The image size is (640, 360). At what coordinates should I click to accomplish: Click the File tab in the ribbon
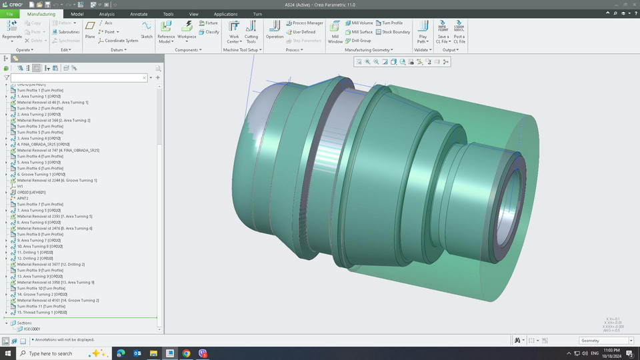click(9, 13)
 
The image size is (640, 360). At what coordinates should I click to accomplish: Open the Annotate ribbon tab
click(139, 13)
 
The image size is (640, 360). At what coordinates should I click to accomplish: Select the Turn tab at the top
click(257, 13)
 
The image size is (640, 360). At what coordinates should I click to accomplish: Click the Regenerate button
click(12, 29)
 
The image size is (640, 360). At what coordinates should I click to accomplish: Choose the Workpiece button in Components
click(187, 29)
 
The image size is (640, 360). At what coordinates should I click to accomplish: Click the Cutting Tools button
click(251, 30)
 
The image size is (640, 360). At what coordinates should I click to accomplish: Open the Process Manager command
click(307, 23)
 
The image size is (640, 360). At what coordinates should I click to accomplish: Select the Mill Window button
click(335, 30)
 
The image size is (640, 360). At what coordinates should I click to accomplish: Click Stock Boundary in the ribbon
click(396, 31)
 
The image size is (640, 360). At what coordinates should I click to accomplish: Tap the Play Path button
click(423, 30)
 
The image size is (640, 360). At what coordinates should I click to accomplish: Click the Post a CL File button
click(459, 30)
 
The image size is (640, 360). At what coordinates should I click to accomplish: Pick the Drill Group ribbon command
click(361, 40)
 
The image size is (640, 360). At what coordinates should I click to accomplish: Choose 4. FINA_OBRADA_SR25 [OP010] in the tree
click(43, 144)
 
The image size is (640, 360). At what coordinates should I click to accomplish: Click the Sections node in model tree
click(24, 323)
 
